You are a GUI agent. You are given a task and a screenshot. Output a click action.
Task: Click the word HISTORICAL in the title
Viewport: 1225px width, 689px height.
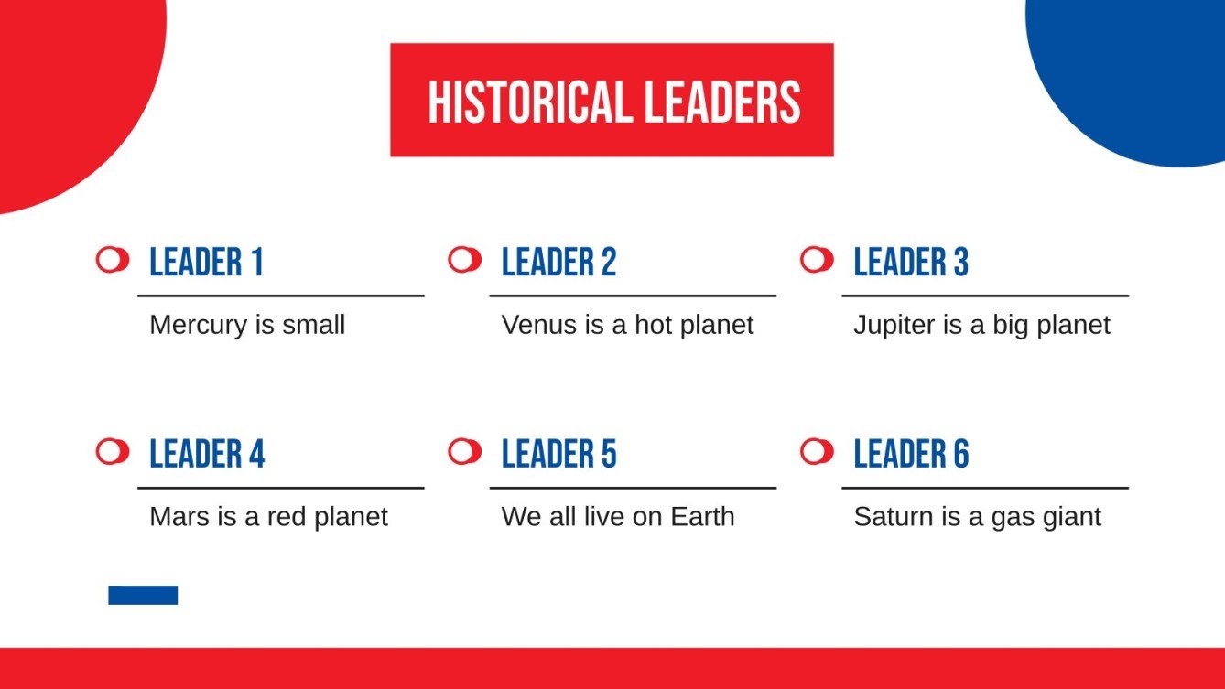[x=530, y=102]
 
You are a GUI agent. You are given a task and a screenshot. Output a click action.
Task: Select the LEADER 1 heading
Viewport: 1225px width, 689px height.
[x=206, y=263]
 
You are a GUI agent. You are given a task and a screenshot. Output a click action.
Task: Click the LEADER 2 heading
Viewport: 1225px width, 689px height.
[x=558, y=263]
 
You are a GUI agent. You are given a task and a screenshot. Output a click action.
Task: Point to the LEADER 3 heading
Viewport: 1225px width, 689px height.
[x=911, y=263]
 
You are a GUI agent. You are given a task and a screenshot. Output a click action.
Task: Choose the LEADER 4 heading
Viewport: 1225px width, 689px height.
[x=207, y=454]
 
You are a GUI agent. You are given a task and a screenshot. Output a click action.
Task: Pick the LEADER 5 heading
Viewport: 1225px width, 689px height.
[x=558, y=454]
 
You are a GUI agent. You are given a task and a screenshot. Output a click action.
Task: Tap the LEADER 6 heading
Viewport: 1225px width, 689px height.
[x=911, y=454]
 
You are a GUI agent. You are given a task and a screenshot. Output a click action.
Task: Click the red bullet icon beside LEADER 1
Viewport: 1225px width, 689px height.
[x=112, y=260]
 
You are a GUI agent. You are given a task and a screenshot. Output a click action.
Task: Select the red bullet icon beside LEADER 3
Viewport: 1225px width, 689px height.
[x=816, y=260]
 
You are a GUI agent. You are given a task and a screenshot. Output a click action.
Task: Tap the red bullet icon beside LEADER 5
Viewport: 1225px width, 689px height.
[x=464, y=451]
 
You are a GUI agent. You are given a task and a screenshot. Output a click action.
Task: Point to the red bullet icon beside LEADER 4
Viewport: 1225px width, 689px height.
[x=112, y=451]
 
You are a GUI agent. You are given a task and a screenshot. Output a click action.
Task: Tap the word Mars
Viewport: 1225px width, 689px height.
[x=179, y=517]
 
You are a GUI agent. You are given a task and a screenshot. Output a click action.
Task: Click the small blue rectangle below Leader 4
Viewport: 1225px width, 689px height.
[x=143, y=595]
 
